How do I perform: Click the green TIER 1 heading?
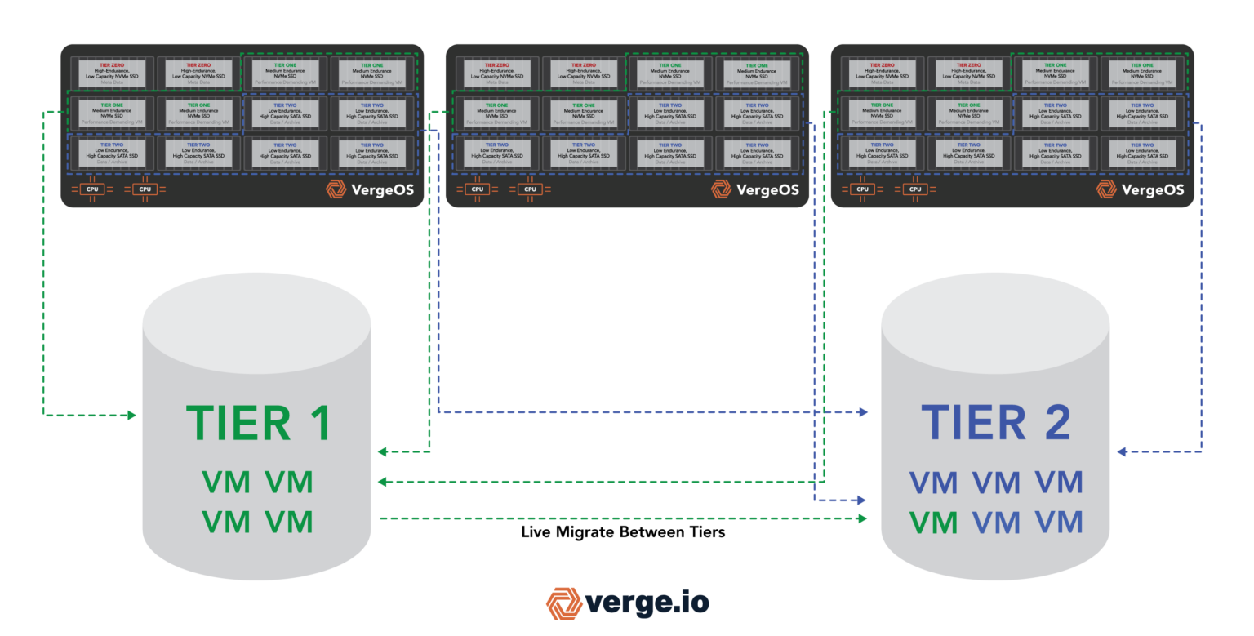[258, 423]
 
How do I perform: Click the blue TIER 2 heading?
[995, 423]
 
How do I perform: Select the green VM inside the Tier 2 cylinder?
[933, 522]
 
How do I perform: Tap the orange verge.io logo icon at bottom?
[564, 603]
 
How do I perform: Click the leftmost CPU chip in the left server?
[91, 189]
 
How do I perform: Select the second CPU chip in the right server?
[915, 189]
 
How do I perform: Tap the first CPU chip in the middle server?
[477, 189]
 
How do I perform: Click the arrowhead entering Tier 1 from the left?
[131, 416]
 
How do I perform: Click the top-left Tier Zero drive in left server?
[112, 73]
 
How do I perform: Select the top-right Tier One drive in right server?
[1142, 73]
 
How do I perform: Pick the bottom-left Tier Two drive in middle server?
[497, 153]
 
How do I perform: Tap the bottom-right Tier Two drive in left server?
[371, 153]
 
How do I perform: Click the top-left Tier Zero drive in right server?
[883, 73]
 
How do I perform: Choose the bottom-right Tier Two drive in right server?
[1142, 153]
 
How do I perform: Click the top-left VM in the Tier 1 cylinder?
[226, 483]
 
